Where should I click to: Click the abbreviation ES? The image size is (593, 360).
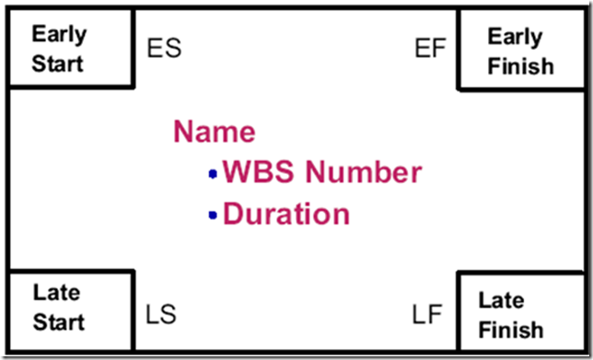[164, 48]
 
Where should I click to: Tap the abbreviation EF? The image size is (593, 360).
[430, 48]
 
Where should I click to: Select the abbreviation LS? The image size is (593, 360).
[161, 314]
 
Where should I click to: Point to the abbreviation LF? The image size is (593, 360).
[427, 314]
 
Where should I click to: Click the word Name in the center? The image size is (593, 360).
[215, 132]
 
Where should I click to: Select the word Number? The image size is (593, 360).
[364, 172]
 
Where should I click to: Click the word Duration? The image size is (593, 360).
[286, 214]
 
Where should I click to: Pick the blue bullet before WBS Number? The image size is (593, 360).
[213, 174]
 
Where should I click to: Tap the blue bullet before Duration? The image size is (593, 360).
[213, 215]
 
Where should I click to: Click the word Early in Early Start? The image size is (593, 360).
[59, 35]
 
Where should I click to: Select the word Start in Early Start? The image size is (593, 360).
[57, 64]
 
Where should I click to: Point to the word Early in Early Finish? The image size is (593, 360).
[515, 38]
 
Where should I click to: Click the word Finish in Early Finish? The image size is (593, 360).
[521, 65]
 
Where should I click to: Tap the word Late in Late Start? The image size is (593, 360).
[57, 292]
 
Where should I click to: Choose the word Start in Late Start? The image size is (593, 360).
[59, 322]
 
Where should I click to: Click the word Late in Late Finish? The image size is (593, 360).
[502, 300]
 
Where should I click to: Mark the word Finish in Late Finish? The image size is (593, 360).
[511, 330]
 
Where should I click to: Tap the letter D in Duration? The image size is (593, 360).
[233, 214]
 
